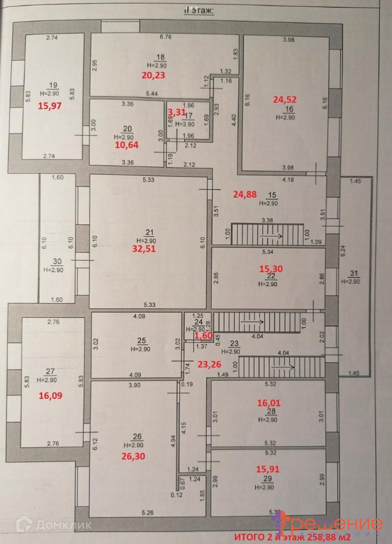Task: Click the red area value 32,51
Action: [144, 249]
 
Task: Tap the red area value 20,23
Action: [153, 75]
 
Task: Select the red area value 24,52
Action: [285, 100]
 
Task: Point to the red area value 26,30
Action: [133, 456]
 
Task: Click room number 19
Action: [53, 86]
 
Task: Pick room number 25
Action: [141, 341]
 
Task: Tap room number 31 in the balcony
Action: [354, 274]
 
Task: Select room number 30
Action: [57, 262]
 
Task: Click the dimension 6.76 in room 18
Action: [165, 37]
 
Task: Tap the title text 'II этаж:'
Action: [199, 11]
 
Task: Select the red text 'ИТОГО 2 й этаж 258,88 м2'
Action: [292, 537]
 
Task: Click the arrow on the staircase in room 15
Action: [271, 236]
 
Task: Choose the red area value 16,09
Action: [50, 396]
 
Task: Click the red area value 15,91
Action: [268, 469]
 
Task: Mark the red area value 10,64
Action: [126, 145]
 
